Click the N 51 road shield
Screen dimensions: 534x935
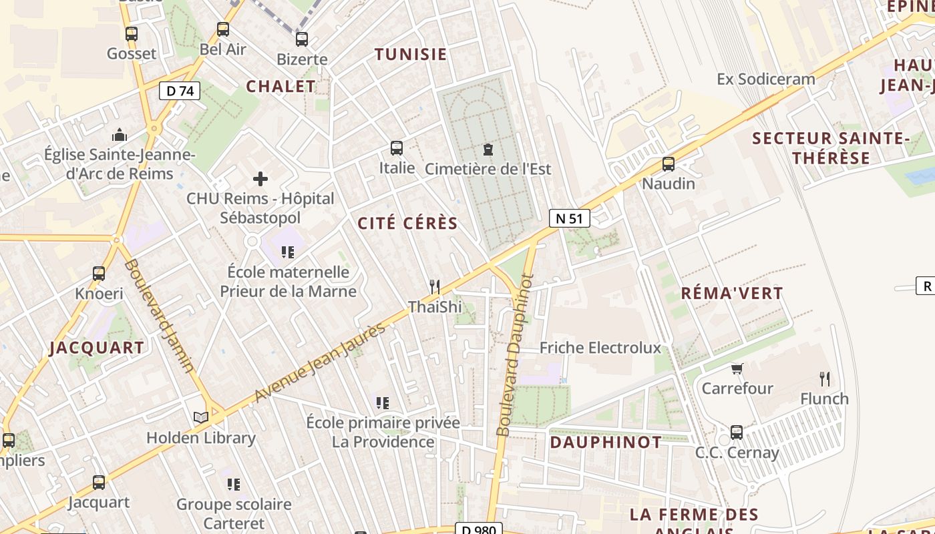[x=570, y=218]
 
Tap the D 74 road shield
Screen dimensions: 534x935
[x=180, y=90]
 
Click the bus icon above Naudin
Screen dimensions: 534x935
[x=668, y=164]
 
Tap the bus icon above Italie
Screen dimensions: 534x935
[x=397, y=148]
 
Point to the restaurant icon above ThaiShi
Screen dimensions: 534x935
[x=435, y=287]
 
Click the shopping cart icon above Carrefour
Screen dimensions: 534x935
[x=737, y=368]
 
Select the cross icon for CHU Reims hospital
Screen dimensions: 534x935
[x=260, y=179]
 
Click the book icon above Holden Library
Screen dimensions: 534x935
[x=201, y=418]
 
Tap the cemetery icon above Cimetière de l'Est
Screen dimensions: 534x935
[x=488, y=150]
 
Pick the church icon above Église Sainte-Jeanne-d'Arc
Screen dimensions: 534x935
[x=120, y=135]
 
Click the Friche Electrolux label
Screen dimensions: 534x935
[x=600, y=348]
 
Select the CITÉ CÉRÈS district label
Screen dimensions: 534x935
[x=407, y=224]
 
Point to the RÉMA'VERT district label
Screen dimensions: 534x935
[x=731, y=293]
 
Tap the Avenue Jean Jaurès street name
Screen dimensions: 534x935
[x=321, y=363]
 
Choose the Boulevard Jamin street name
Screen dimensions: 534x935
[x=160, y=315]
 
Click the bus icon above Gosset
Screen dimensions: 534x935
[x=132, y=33]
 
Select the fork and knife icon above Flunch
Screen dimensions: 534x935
[x=825, y=379]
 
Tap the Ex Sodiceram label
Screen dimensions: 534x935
[x=765, y=79]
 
